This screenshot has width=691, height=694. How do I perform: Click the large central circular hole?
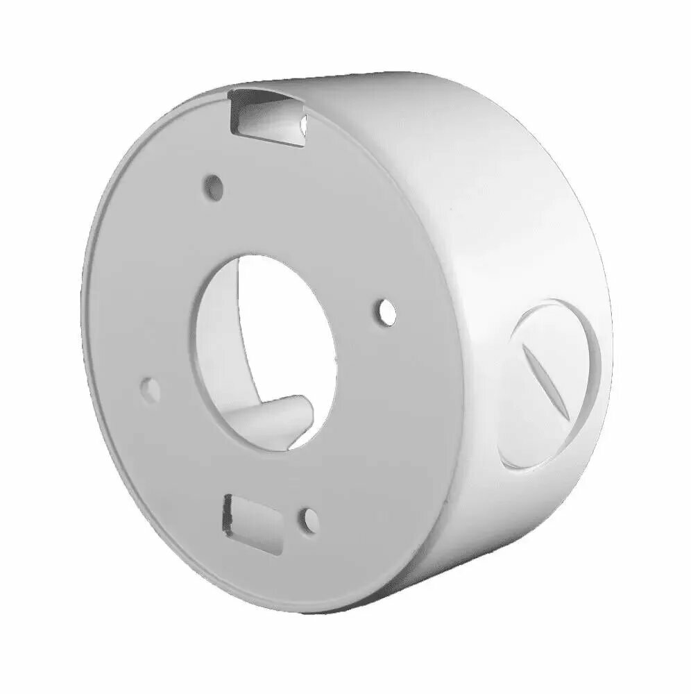(267, 347)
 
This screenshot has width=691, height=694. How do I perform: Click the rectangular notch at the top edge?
(267, 118)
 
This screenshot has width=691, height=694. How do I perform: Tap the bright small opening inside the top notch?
(304, 125)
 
